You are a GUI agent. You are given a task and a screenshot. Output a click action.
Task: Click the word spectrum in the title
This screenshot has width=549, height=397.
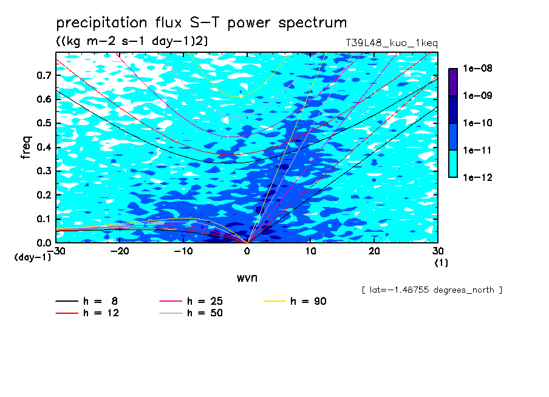312,23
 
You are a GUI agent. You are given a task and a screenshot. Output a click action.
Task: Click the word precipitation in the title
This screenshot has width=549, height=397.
101,23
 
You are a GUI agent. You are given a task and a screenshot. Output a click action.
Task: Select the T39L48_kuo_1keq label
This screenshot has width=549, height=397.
392,43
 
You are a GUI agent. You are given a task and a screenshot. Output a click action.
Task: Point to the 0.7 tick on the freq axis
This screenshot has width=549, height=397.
44,75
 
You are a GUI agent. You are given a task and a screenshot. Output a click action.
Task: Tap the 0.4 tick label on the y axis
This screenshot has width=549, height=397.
44,147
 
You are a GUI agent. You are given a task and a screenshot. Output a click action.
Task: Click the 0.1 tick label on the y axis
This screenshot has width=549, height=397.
44,219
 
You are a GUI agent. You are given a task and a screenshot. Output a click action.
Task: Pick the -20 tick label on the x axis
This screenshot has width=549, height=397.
120,251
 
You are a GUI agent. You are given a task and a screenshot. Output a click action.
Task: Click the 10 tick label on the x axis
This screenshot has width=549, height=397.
310,251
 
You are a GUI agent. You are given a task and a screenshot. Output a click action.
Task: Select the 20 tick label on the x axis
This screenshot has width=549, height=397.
374,251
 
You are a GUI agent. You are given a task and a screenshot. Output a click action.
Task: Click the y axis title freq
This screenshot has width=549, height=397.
26,148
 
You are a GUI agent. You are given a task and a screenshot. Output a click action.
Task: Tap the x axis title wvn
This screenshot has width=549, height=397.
247,278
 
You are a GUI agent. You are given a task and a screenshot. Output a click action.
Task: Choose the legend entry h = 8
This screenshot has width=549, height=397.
86,301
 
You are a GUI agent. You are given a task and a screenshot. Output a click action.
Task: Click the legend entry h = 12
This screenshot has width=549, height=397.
87,313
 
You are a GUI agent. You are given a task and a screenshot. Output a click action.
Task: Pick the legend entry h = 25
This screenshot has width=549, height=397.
191,301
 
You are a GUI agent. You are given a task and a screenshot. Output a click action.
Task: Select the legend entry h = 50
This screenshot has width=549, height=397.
191,313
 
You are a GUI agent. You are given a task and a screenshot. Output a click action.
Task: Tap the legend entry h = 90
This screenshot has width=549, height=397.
295,301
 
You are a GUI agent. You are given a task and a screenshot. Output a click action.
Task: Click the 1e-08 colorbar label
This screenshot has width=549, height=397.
477,68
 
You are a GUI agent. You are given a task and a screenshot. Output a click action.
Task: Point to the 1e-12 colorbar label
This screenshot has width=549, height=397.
477,177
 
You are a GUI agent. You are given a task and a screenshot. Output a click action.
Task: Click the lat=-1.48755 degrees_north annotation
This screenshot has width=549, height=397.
432,290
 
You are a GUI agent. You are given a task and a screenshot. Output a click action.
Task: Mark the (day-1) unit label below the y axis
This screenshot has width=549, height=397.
32,257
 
